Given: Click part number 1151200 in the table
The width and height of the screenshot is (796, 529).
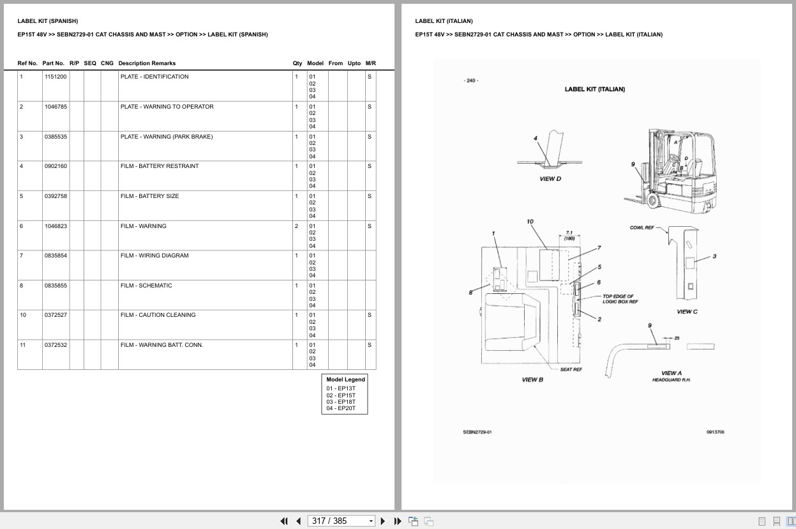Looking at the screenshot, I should click(x=56, y=77).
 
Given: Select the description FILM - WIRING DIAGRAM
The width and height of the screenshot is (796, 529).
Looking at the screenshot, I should click(x=154, y=256).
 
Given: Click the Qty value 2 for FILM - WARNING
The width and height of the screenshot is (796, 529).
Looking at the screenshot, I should click(x=296, y=226).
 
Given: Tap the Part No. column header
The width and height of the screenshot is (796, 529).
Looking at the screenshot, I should click(x=54, y=63).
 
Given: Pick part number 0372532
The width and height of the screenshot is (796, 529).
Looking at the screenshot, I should click(x=56, y=345).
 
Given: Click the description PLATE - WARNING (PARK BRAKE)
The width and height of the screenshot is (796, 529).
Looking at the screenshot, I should click(x=167, y=137).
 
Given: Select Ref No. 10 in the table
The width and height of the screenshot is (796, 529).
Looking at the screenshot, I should click(x=23, y=315).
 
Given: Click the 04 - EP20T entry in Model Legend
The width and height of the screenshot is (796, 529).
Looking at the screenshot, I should click(x=341, y=408).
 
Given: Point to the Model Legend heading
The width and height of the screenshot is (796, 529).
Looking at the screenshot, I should click(x=345, y=379).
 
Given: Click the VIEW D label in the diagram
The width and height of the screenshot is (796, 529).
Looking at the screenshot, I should click(x=550, y=179).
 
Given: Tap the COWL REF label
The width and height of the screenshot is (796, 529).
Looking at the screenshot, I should click(x=642, y=227).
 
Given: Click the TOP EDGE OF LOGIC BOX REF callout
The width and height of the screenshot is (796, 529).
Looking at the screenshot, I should click(x=620, y=299).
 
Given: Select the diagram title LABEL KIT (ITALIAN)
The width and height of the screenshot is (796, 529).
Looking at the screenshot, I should click(x=594, y=89).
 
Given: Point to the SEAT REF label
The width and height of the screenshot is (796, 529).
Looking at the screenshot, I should click(x=571, y=369).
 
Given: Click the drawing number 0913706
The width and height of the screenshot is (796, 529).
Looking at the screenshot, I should click(x=715, y=432).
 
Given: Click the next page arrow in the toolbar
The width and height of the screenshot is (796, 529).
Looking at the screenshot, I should click(x=383, y=521).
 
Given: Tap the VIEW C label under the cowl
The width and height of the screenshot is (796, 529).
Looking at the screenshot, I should click(x=687, y=312).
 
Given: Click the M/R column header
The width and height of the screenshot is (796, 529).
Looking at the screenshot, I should click(x=370, y=63).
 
